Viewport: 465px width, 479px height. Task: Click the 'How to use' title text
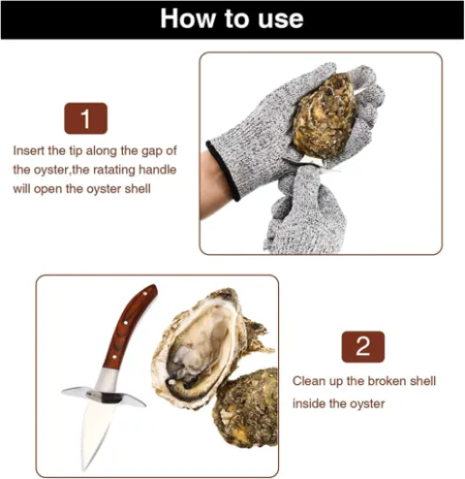(x=232, y=19)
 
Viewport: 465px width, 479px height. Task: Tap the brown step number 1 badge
(x=86, y=118)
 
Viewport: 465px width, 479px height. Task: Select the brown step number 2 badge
(x=363, y=347)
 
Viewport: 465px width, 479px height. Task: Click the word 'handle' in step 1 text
(x=157, y=170)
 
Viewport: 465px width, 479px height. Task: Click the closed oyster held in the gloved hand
(x=324, y=115)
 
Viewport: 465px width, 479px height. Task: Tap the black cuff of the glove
(x=223, y=170)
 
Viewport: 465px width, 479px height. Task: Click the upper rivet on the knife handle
(x=126, y=323)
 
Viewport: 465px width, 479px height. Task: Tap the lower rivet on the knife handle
(x=114, y=356)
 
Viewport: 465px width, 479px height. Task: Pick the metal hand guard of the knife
(x=104, y=396)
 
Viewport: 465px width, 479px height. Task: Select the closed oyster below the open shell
(x=247, y=408)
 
